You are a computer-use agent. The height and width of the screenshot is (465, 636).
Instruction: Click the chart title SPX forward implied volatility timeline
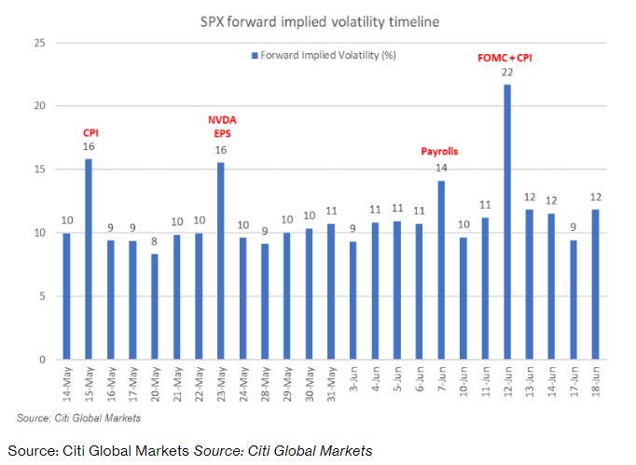317,21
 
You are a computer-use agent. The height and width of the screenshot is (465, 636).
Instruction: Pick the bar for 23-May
220,261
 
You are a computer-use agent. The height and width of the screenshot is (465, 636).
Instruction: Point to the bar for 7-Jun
441,270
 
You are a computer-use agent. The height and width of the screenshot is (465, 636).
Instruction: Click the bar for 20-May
155,307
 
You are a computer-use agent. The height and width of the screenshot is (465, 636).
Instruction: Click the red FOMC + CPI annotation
505,58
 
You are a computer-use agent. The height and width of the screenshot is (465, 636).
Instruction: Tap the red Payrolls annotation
441,152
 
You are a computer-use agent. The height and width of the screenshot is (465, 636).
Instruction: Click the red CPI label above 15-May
90,133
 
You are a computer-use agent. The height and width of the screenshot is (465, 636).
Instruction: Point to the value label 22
506,74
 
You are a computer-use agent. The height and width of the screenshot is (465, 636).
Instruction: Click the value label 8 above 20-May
155,243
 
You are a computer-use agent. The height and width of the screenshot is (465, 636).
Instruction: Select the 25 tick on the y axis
39,43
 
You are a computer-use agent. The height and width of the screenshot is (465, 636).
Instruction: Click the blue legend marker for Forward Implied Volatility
254,56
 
